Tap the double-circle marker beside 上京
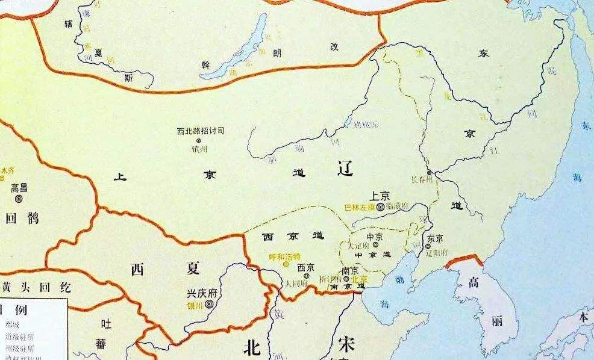click(x=381, y=206)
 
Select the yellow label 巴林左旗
click(x=359, y=207)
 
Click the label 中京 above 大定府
click(x=375, y=237)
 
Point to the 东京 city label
click(x=435, y=237)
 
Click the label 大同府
click(x=297, y=281)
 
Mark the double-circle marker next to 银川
click(x=209, y=305)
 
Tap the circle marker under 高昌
click(x=19, y=197)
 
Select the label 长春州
click(x=421, y=179)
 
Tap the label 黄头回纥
click(x=28, y=287)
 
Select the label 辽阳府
click(x=437, y=247)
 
